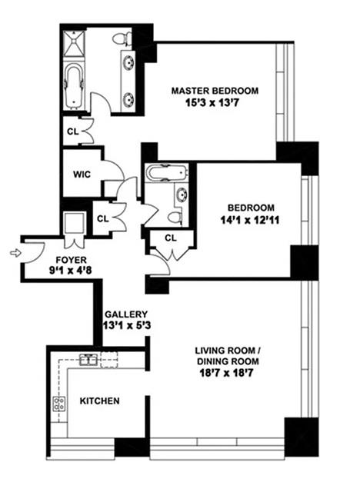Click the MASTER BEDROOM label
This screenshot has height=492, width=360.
coord(214,90)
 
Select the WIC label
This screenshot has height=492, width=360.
coord(82,174)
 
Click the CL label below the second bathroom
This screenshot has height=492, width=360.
coord(171,238)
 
